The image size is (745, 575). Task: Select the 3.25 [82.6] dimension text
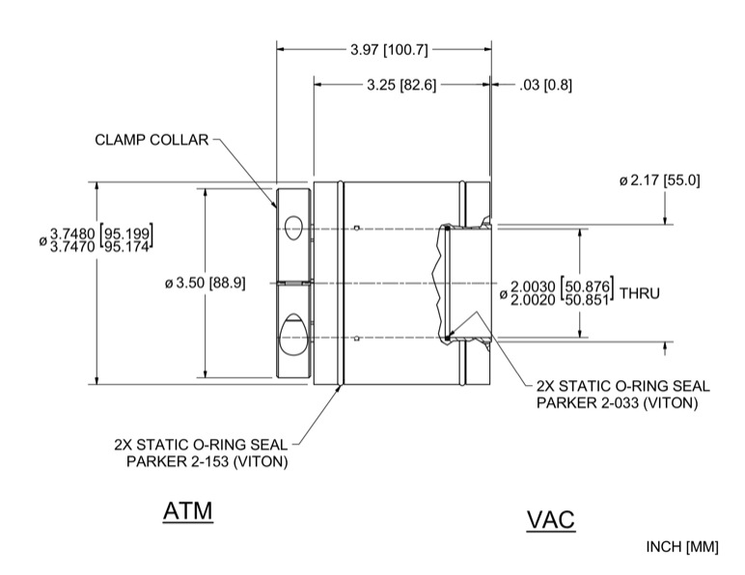point(401,85)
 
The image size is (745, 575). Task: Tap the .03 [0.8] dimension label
point(545,85)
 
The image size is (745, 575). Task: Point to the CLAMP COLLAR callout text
point(152,140)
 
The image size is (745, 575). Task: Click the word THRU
point(640,293)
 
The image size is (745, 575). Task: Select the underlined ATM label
point(187,511)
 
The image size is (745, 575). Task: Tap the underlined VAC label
point(551,520)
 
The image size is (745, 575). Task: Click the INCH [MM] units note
point(682,547)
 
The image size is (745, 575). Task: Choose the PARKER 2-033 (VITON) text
point(617,402)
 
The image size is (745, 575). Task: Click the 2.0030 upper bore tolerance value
point(532,287)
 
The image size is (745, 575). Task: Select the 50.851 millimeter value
point(587,300)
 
